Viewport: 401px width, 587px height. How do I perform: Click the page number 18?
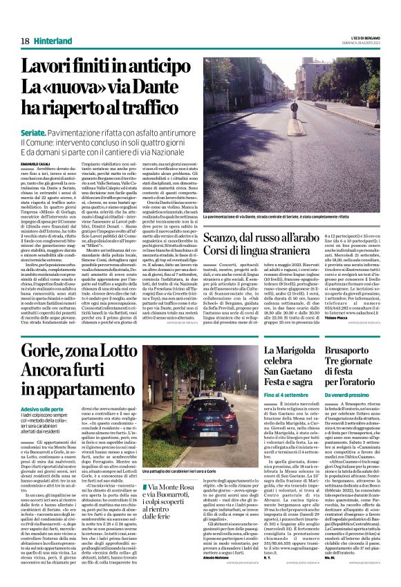(24, 41)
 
